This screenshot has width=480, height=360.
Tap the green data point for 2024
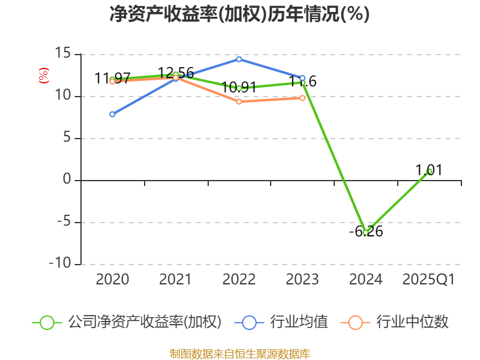pyautogui.click(x=365, y=233)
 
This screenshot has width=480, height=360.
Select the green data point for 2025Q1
pyautogui.click(x=429, y=172)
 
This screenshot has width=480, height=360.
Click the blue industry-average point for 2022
pyautogui.click(x=239, y=59)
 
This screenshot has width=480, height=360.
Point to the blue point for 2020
pyautogui.click(x=112, y=114)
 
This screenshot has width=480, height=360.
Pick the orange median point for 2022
pyautogui.click(x=239, y=101)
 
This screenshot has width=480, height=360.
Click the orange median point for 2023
pyautogui.click(x=302, y=98)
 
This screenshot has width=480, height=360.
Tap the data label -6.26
pyautogui.click(x=365, y=232)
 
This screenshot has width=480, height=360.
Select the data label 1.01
pyautogui.click(x=429, y=170)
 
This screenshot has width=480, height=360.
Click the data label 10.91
pyautogui.click(x=239, y=88)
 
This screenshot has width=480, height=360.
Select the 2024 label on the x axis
pyautogui.click(x=365, y=280)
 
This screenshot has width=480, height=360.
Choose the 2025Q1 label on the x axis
pyautogui.click(x=429, y=280)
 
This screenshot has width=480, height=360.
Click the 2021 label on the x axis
pyautogui.click(x=175, y=280)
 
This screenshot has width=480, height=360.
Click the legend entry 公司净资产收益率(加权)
pyautogui.click(x=144, y=322)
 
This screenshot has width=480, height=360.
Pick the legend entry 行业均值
pyautogui.click(x=298, y=322)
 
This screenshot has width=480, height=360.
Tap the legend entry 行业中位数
pyautogui.click(x=412, y=322)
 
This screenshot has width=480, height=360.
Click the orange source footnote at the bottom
pyautogui.click(x=239, y=353)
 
